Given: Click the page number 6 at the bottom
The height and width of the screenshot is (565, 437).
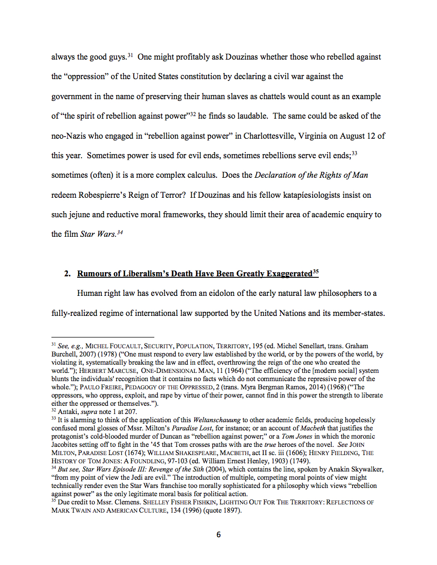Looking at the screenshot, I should [219, 535].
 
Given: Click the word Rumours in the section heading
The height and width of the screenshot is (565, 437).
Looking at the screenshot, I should [95, 274].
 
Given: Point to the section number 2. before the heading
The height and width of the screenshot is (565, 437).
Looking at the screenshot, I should [67, 274].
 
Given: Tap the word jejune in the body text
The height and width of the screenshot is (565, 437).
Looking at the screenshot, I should [81, 215].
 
